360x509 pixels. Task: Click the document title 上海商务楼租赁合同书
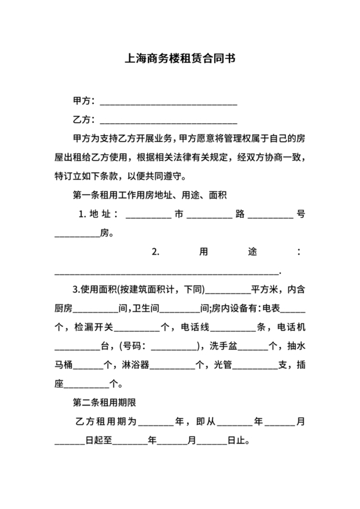[179, 58]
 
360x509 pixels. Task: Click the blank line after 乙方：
[168, 120]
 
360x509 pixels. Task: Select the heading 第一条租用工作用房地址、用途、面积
[152, 195]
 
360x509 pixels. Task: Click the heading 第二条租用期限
[104, 403]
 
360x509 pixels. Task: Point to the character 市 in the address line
[179, 214]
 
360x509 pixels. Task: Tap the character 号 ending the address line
[300, 214]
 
